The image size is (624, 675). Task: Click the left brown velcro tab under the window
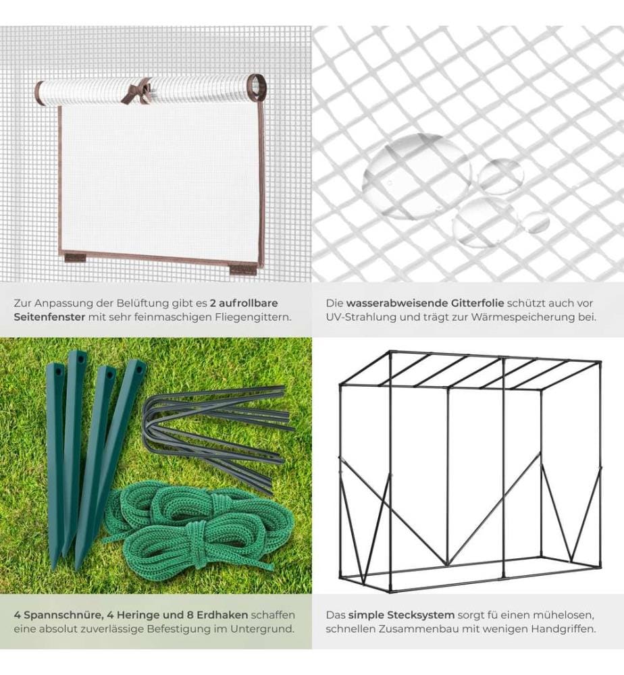(76, 258)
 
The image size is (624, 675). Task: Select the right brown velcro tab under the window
(240, 271)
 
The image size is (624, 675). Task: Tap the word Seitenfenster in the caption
(49, 317)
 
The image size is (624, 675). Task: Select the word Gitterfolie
(477, 303)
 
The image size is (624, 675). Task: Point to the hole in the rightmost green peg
(140, 369)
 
